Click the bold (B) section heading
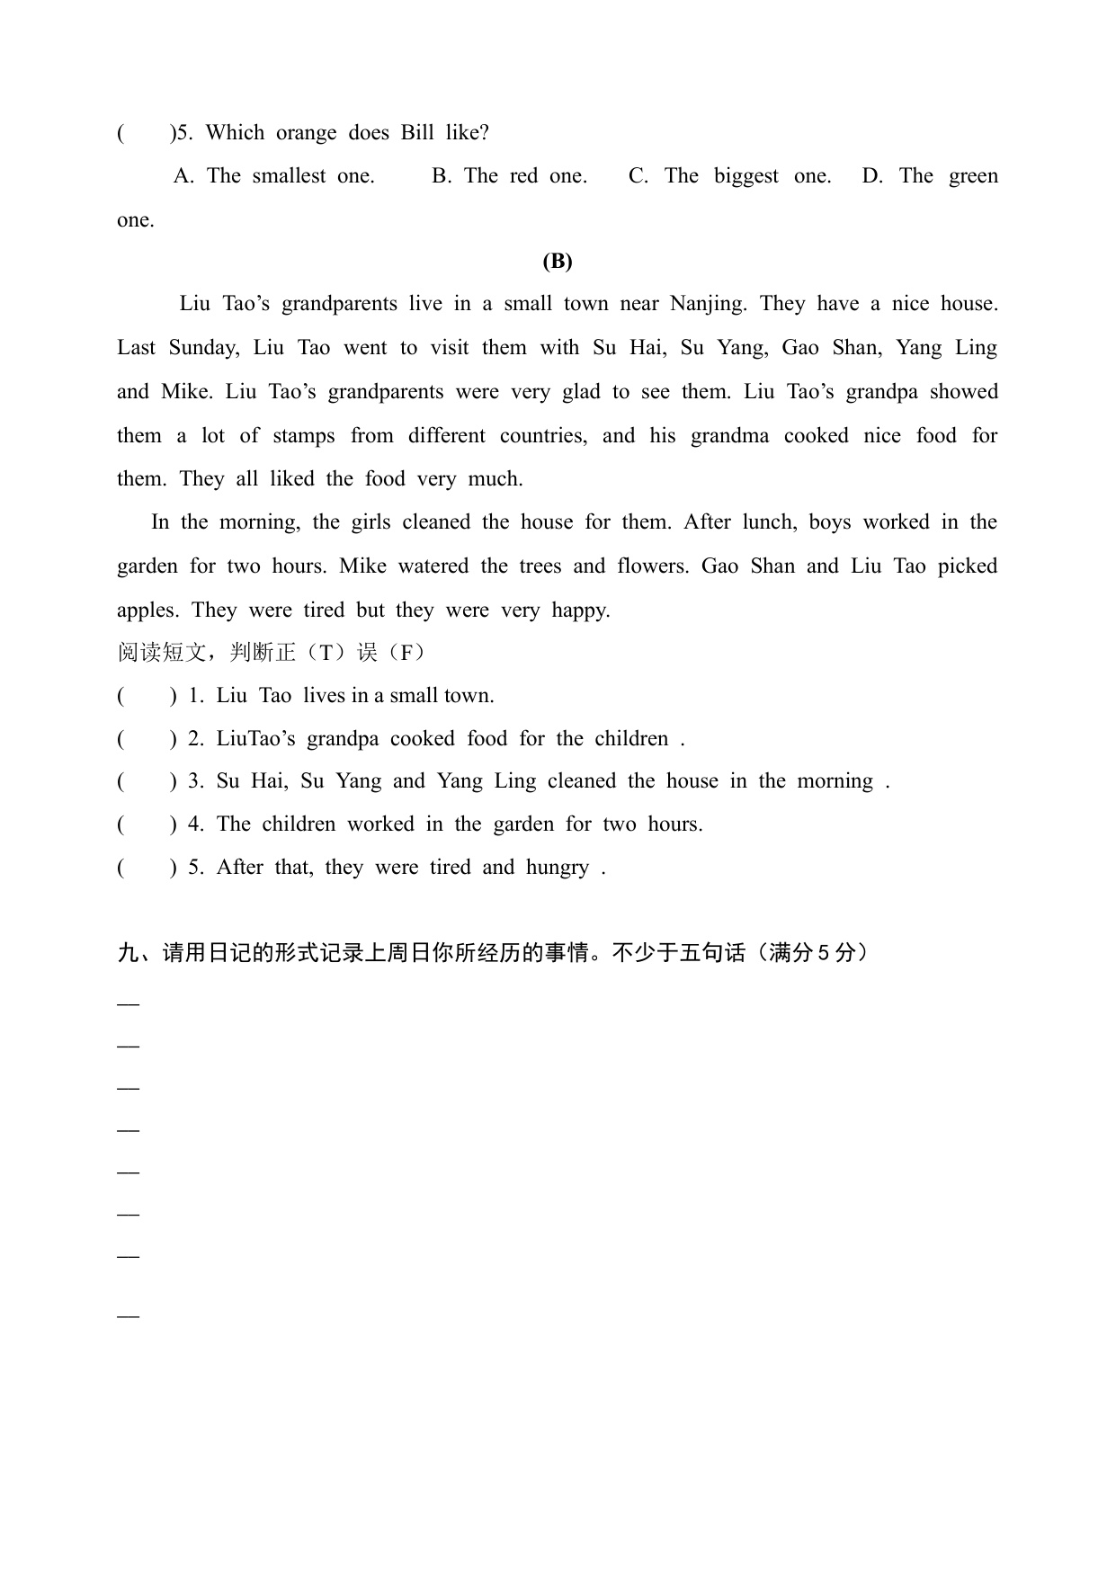point(558,262)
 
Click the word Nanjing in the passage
point(708,304)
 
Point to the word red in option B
point(523,176)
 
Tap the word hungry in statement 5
point(558,868)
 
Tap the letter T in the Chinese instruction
point(326,653)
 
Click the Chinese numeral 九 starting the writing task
point(128,953)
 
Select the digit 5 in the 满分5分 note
point(822,953)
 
